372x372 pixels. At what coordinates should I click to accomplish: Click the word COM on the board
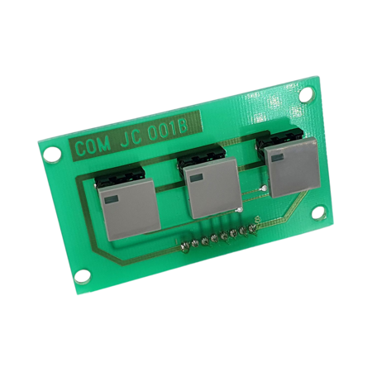93,147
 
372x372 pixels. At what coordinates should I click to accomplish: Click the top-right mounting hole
306,93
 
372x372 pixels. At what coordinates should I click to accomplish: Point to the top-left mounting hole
52,154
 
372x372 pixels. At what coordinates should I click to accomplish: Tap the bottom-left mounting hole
83,276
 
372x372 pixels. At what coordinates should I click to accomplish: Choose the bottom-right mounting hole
319,213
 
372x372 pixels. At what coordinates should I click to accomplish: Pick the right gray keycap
294,167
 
